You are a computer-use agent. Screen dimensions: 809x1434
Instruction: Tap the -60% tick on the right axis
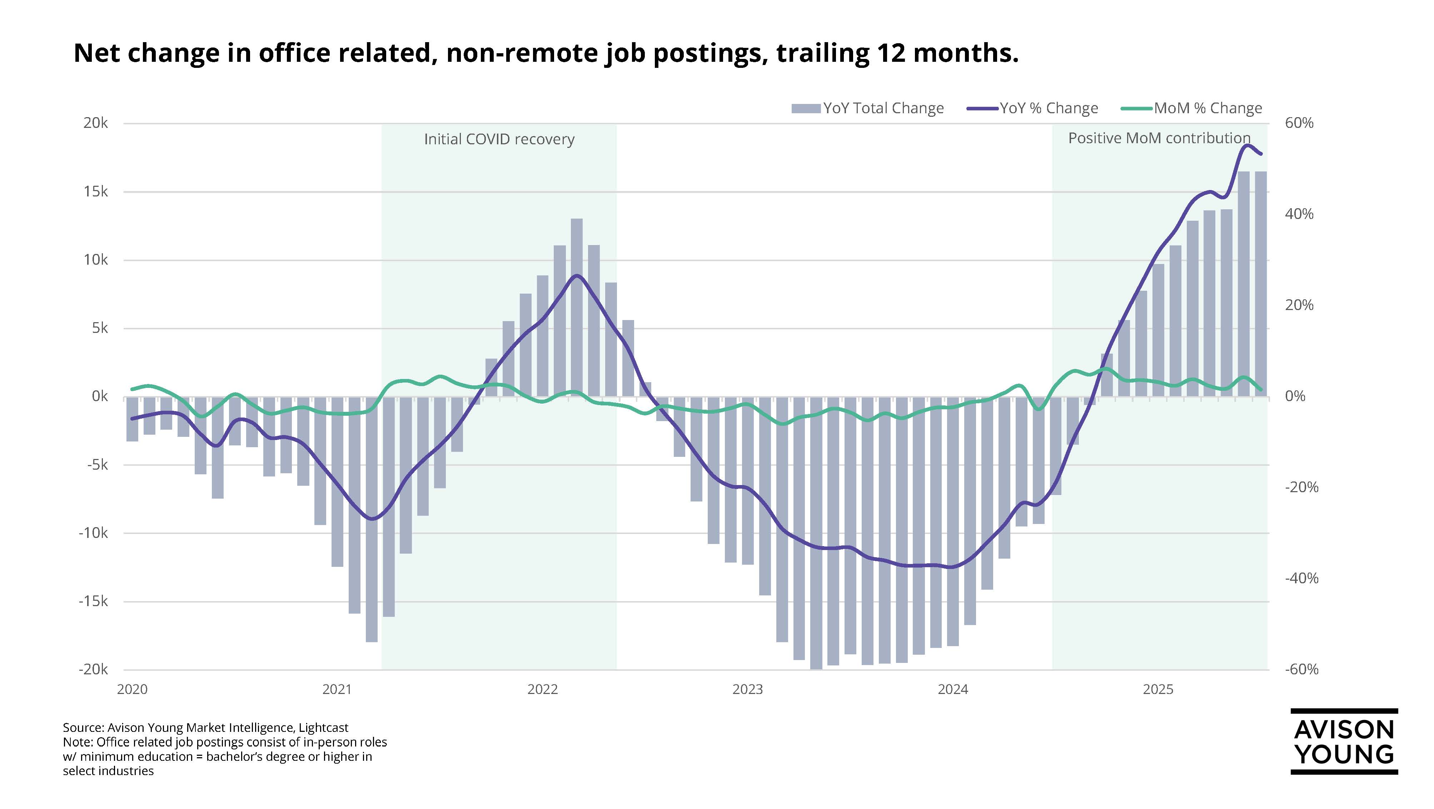pos(1301,669)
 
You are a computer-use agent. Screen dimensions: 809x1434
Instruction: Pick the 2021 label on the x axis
pos(337,690)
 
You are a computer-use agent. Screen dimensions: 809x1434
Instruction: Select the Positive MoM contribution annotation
pos(1159,138)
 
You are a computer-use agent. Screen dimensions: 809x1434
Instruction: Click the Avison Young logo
pos(1344,742)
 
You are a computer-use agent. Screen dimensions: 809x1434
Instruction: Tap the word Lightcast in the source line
pos(323,728)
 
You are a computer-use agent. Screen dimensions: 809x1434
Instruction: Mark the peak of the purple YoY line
pos(1246,145)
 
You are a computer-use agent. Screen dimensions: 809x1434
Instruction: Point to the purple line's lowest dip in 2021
pos(372,519)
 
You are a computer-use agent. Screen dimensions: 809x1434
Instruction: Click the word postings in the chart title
pos(706,54)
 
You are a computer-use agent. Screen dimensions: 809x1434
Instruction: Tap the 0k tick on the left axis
pos(100,396)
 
